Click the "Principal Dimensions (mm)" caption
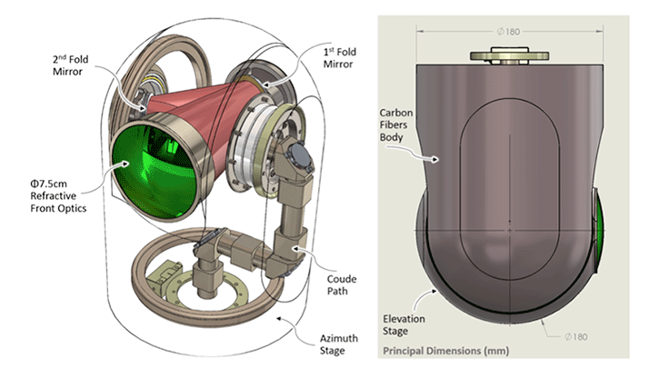[x=445, y=350]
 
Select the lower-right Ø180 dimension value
[x=577, y=336]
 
